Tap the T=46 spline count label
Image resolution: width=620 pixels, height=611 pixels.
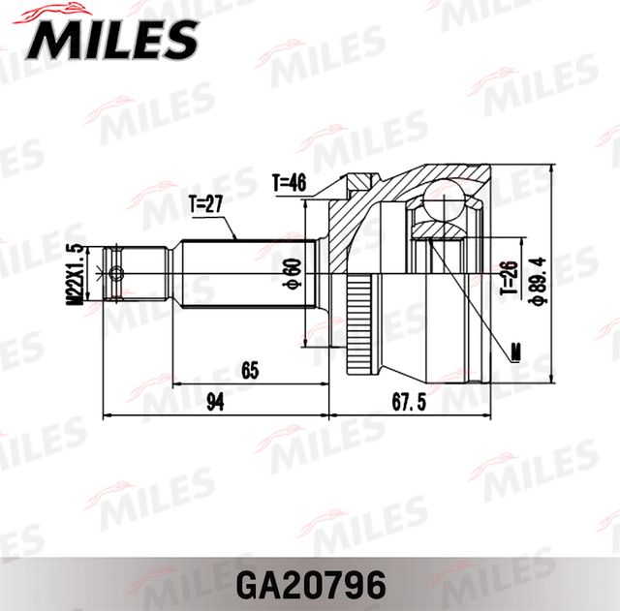(289, 181)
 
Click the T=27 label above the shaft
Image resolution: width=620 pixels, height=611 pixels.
(205, 203)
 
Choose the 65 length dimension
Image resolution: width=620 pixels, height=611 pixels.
(251, 369)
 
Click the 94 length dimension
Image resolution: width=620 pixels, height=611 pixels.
(215, 402)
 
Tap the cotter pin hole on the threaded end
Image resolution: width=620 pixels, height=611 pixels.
(116, 273)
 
